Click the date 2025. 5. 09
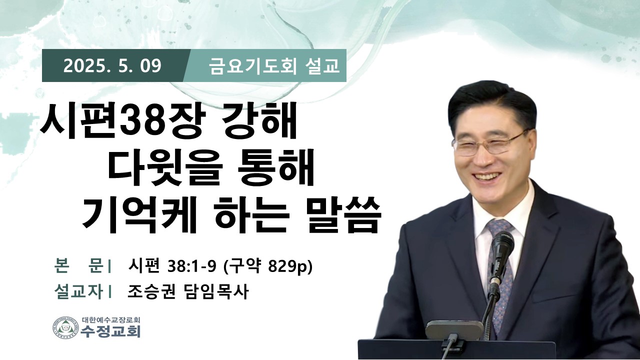tap(112, 66)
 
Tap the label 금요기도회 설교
tap(274, 66)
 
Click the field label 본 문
tap(79, 265)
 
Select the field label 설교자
tap(78, 291)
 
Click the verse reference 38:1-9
tap(191, 266)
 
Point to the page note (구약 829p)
tap(267, 266)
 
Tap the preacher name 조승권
tap(151, 291)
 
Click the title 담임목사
tap(215, 291)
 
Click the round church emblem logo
tap(65, 328)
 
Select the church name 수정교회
tap(111, 331)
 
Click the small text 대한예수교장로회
tap(111, 319)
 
